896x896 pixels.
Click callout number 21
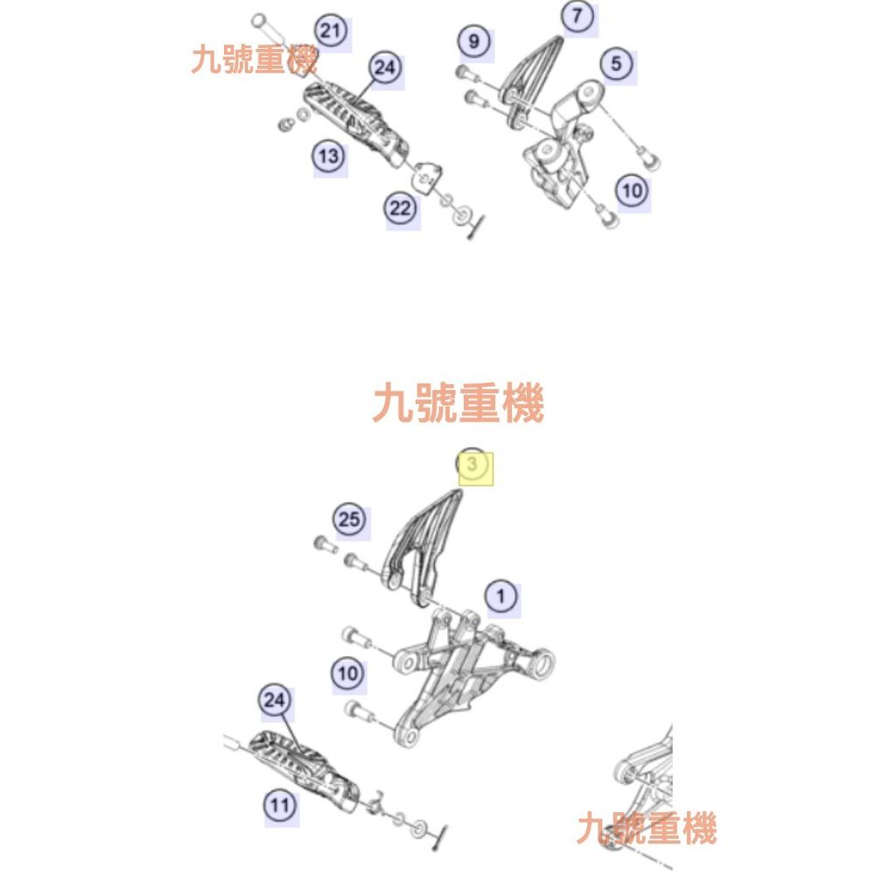click(x=332, y=31)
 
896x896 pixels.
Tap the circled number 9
click(x=474, y=41)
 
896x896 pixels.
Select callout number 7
click(x=577, y=16)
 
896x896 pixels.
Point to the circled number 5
click(x=616, y=63)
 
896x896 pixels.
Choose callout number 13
click(x=329, y=156)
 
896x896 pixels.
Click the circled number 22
click(x=400, y=208)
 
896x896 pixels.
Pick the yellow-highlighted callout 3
click(x=472, y=464)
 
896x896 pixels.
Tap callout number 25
click(x=349, y=520)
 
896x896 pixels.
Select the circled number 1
click(x=501, y=597)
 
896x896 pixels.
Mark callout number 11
click(x=279, y=806)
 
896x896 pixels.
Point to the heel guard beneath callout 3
click(x=422, y=548)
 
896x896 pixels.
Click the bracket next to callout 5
click(x=563, y=143)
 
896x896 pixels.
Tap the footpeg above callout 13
click(x=355, y=122)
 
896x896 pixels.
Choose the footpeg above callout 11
click(x=304, y=770)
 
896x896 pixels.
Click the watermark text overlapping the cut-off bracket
click(x=647, y=829)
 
